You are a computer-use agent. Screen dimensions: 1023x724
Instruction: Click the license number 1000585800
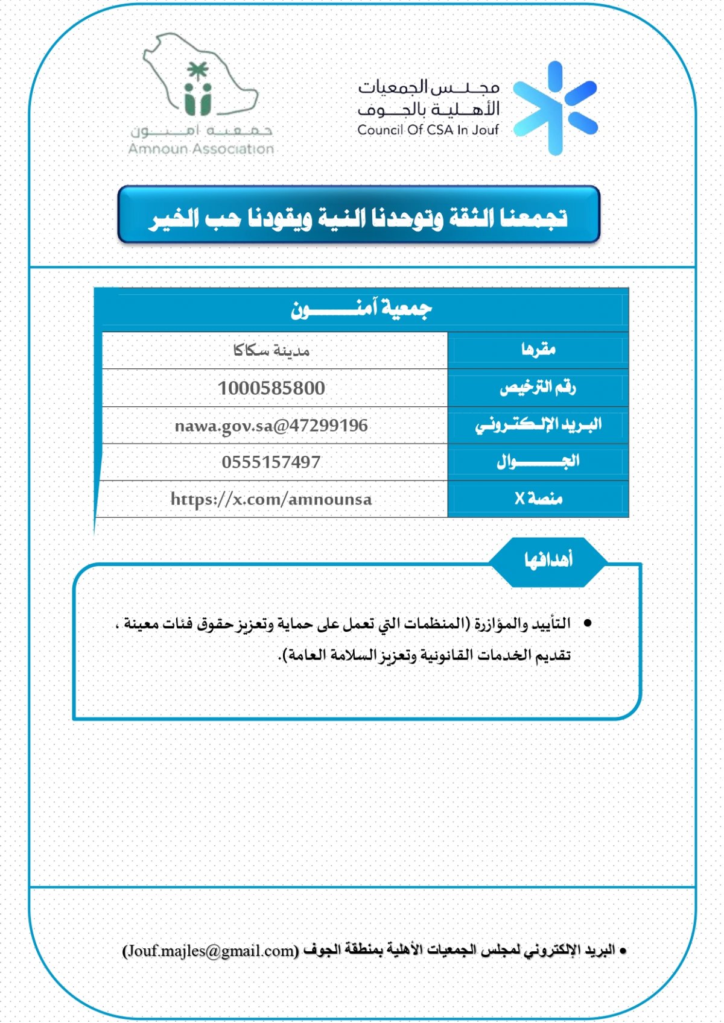(x=271, y=388)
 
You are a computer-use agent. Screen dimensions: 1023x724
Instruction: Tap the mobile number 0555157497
(x=271, y=462)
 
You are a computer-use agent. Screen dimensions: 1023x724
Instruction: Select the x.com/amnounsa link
(x=271, y=499)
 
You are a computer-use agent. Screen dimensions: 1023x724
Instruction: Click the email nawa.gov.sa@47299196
(x=271, y=426)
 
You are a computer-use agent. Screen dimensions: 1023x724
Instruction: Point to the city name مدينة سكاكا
(x=271, y=350)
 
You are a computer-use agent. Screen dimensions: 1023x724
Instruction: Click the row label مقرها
(x=538, y=350)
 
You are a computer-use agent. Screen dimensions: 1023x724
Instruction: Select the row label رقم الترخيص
(x=538, y=387)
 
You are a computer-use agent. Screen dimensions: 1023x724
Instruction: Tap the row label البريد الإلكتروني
(x=538, y=425)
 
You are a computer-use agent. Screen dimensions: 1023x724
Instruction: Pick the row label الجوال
(x=538, y=462)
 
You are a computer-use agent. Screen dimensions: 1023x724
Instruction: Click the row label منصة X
(x=538, y=499)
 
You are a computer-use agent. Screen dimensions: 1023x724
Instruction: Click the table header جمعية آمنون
(x=361, y=309)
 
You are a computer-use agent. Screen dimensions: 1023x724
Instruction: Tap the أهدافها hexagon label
(x=548, y=561)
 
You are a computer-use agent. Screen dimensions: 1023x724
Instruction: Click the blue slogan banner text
(x=358, y=217)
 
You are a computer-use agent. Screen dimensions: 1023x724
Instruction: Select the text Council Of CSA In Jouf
(x=428, y=130)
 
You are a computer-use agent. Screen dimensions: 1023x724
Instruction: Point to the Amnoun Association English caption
(x=201, y=149)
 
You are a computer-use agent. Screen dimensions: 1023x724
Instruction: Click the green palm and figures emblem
(x=197, y=90)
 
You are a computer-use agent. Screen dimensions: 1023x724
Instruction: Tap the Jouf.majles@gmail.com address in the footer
(x=211, y=951)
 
